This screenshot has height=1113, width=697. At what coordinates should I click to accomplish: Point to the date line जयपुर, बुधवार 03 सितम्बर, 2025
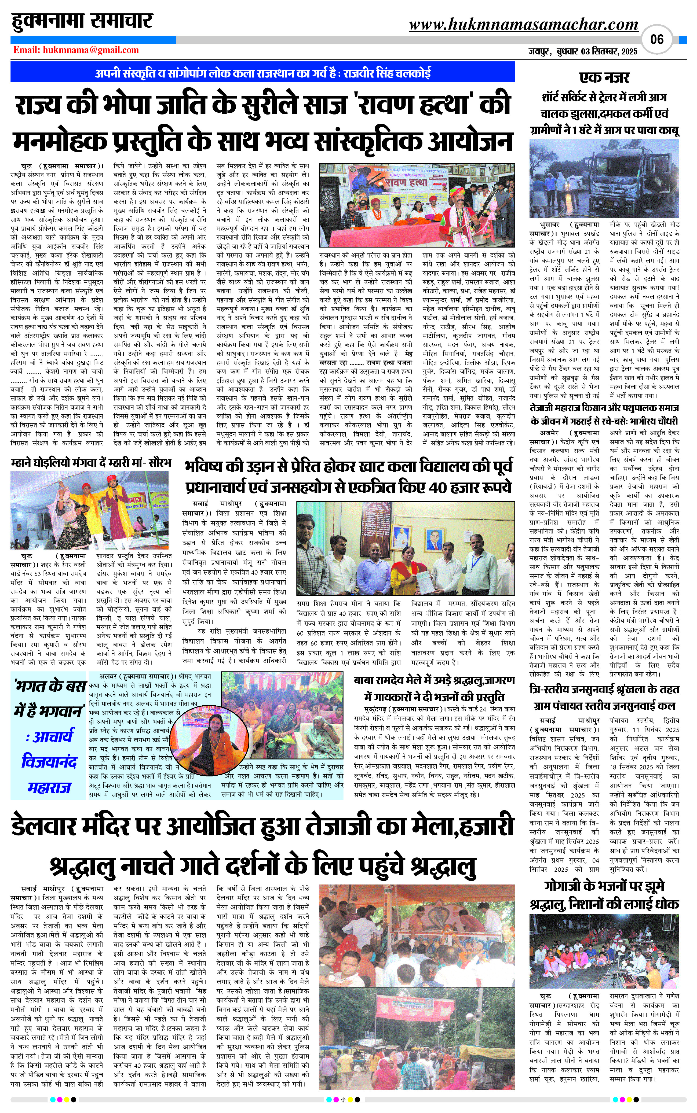pos(583,51)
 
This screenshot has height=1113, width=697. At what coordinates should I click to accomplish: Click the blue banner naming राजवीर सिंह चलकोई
pos(263,73)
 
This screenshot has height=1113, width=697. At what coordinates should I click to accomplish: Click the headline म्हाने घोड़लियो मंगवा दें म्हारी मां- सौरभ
pos(91,462)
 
